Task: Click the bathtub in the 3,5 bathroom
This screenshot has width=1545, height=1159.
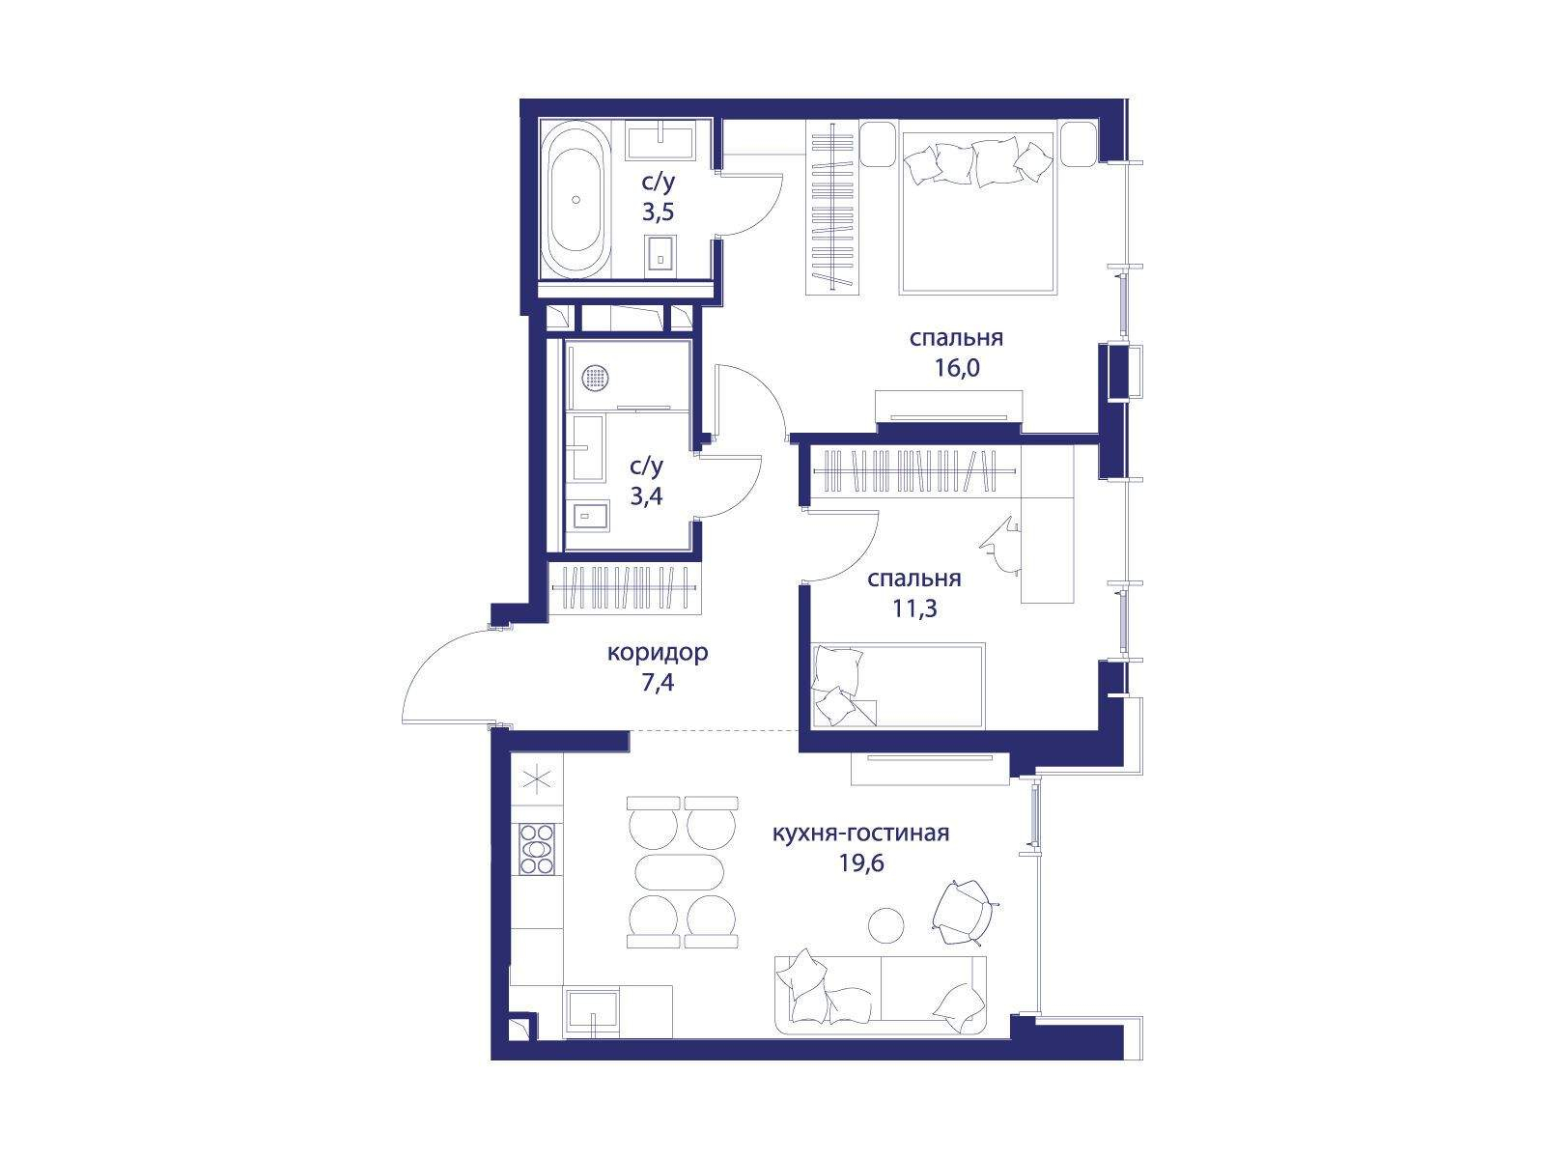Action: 576,200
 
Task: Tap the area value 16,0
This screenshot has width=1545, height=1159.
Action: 957,367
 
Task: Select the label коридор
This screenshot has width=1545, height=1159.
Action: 658,653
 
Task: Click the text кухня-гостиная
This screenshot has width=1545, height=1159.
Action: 860,834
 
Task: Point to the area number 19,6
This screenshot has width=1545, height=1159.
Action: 860,862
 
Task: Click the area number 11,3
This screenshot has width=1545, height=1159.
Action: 914,608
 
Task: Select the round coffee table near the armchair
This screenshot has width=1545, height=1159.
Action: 885,924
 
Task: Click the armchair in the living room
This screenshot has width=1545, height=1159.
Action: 965,912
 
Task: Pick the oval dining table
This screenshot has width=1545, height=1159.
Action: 679,872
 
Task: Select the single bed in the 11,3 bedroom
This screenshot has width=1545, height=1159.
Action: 898,685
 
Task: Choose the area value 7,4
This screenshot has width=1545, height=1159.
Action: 658,682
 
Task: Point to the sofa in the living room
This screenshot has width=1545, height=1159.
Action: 881,995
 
